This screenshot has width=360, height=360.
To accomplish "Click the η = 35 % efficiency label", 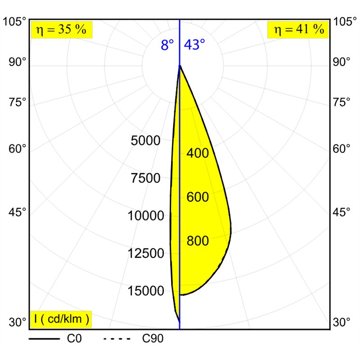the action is [61, 30].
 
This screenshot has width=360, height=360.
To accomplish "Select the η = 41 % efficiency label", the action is [299, 30].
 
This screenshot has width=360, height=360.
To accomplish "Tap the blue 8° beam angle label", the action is [167, 45].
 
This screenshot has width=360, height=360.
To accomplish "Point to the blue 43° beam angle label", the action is [194, 45].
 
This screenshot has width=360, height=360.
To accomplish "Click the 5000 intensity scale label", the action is [145, 140].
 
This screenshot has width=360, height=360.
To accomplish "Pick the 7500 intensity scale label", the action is [145, 178].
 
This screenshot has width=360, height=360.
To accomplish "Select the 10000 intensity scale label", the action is [146, 216].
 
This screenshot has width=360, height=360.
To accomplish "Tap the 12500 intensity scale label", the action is [146, 253].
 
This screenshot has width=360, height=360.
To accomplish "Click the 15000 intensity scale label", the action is [146, 291].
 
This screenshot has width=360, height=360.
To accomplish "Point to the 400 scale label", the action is [198, 153].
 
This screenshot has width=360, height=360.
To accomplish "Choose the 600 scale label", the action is [198, 197].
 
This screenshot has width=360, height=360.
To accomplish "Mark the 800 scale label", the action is [198, 241].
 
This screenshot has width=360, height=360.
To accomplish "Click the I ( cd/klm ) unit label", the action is [61, 319].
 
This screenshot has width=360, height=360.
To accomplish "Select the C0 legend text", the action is [74, 338].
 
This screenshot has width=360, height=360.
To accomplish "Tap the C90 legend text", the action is [153, 338].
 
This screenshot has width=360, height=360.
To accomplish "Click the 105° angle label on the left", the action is [14, 22].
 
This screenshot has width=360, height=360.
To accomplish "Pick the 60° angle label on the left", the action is [18, 148].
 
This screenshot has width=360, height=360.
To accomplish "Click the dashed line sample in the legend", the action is [117, 339].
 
